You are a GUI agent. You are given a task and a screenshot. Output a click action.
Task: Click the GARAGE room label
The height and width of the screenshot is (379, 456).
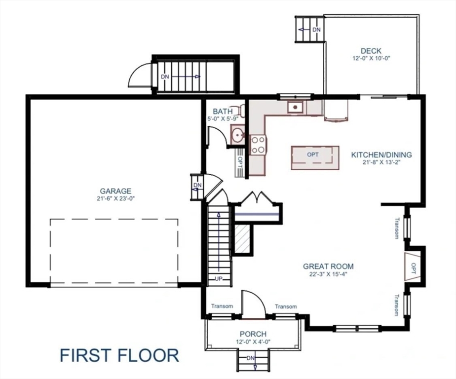point(115,191)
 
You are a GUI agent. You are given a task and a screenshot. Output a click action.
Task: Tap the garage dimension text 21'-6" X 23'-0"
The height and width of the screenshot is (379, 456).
point(115,198)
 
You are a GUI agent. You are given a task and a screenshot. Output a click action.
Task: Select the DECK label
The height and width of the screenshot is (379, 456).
point(371,51)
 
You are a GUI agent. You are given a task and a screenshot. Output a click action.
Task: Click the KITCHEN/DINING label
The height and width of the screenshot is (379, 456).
point(381,155)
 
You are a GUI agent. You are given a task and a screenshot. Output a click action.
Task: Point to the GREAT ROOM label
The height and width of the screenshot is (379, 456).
point(328,266)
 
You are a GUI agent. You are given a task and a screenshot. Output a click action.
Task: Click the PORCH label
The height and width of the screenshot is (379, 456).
point(253,334)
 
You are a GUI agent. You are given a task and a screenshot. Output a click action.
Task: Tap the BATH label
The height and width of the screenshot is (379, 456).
point(223,112)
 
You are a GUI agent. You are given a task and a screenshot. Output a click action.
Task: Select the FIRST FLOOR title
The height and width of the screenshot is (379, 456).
point(119,355)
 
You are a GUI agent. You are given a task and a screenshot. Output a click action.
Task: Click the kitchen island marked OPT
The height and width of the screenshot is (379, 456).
point(315,157)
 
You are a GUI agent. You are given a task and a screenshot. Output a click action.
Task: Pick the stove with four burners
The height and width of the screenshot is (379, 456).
point(258,145)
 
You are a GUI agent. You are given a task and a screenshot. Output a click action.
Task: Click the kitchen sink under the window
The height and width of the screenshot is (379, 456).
point(296,107)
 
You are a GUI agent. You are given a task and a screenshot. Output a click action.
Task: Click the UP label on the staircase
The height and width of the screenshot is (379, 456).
point(220,279)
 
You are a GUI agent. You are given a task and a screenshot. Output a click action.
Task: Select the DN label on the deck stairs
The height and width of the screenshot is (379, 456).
point(316,30)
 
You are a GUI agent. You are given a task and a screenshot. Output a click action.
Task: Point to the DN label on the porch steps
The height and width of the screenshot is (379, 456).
point(251,358)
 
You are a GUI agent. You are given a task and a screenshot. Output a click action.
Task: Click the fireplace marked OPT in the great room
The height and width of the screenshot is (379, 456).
point(413,268)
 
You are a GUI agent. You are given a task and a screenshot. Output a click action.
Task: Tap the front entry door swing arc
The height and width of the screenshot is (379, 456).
point(253,302)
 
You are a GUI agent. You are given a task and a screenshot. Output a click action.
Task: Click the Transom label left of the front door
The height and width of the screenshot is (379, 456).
point(222,306)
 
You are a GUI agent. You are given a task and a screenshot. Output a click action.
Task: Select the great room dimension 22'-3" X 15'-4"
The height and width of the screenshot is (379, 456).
point(328,274)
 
